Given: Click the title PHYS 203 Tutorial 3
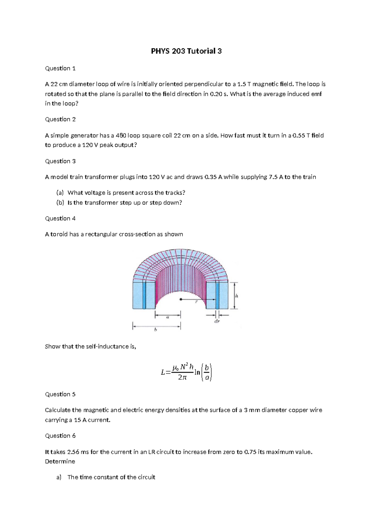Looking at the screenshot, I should (x=186, y=51).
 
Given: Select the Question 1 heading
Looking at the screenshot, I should (x=60, y=68).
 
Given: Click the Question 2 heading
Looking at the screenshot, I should (x=60, y=119).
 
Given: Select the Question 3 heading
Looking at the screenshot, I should (x=60, y=161).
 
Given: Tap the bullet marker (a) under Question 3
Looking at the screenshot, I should (x=60, y=193).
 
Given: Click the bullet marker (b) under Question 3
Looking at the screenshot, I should (x=60, y=203).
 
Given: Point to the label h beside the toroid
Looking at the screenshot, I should (x=237, y=296).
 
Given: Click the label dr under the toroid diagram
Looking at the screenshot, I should (x=217, y=321).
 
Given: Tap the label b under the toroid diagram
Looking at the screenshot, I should (x=155, y=330).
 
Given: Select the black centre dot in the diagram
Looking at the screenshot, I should (x=181, y=300).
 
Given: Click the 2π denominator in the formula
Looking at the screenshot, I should (x=182, y=378).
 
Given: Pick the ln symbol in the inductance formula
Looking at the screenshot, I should (x=197, y=372).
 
